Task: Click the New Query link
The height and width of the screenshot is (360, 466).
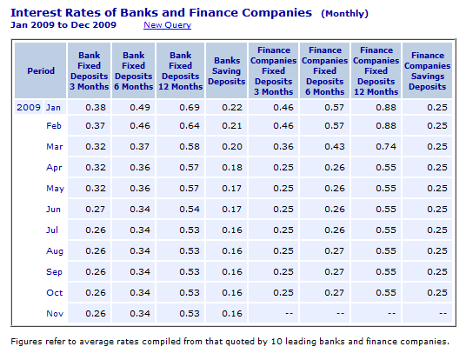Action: [167, 25]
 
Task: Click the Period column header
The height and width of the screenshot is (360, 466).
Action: [41, 70]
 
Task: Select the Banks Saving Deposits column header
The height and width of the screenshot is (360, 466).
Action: [226, 70]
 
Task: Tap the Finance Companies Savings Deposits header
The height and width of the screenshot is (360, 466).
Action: [428, 70]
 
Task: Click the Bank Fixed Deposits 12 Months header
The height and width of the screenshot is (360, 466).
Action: [180, 70]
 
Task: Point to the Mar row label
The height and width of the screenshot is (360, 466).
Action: [55, 147]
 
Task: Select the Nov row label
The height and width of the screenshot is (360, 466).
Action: [55, 314]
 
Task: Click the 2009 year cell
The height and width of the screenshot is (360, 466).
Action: [29, 107]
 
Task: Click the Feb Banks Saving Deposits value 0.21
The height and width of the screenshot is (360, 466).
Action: [232, 126]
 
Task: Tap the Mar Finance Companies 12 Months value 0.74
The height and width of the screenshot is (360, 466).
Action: [386, 147]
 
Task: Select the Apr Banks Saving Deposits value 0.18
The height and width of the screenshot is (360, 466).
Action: [232, 167]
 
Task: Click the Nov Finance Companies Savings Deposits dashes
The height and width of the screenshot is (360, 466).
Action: [443, 313]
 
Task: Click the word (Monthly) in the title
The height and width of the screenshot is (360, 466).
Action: [345, 14]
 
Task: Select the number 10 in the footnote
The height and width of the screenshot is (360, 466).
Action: [276, 341]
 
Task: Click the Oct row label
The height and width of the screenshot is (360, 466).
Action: [55, 293]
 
